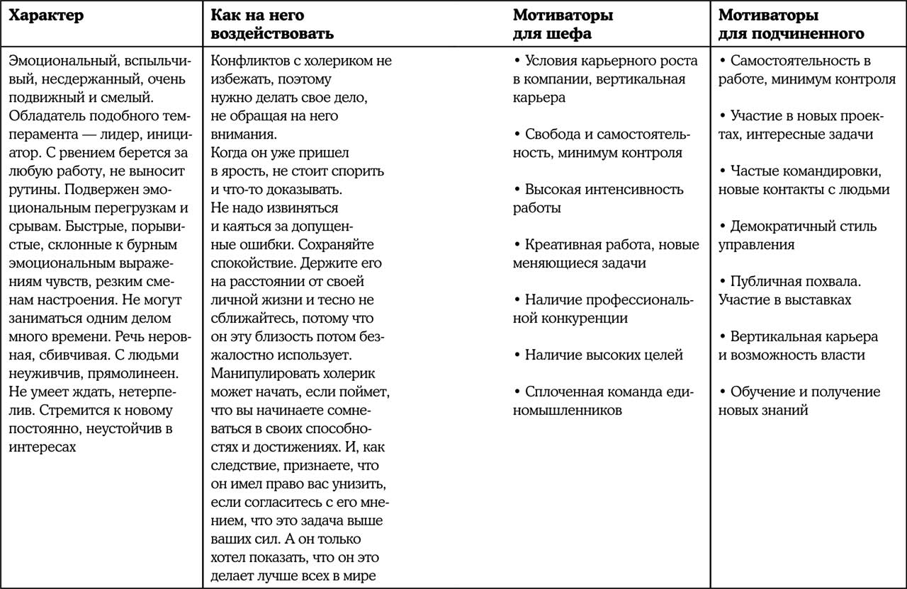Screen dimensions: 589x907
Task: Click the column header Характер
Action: pos(46,16)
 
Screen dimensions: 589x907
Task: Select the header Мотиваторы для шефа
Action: pos(563,24)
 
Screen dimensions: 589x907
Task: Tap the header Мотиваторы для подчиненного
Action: pos(791,24)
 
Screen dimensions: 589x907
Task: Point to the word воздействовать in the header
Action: pos(273,33)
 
